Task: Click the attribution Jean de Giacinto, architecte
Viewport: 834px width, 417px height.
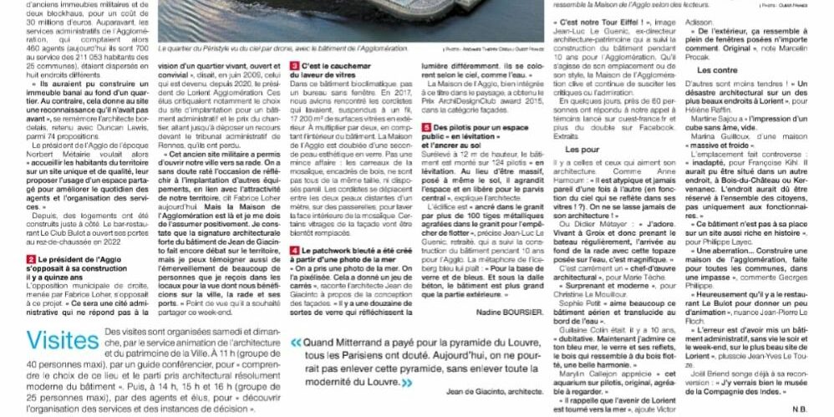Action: (x=469, y=391)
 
